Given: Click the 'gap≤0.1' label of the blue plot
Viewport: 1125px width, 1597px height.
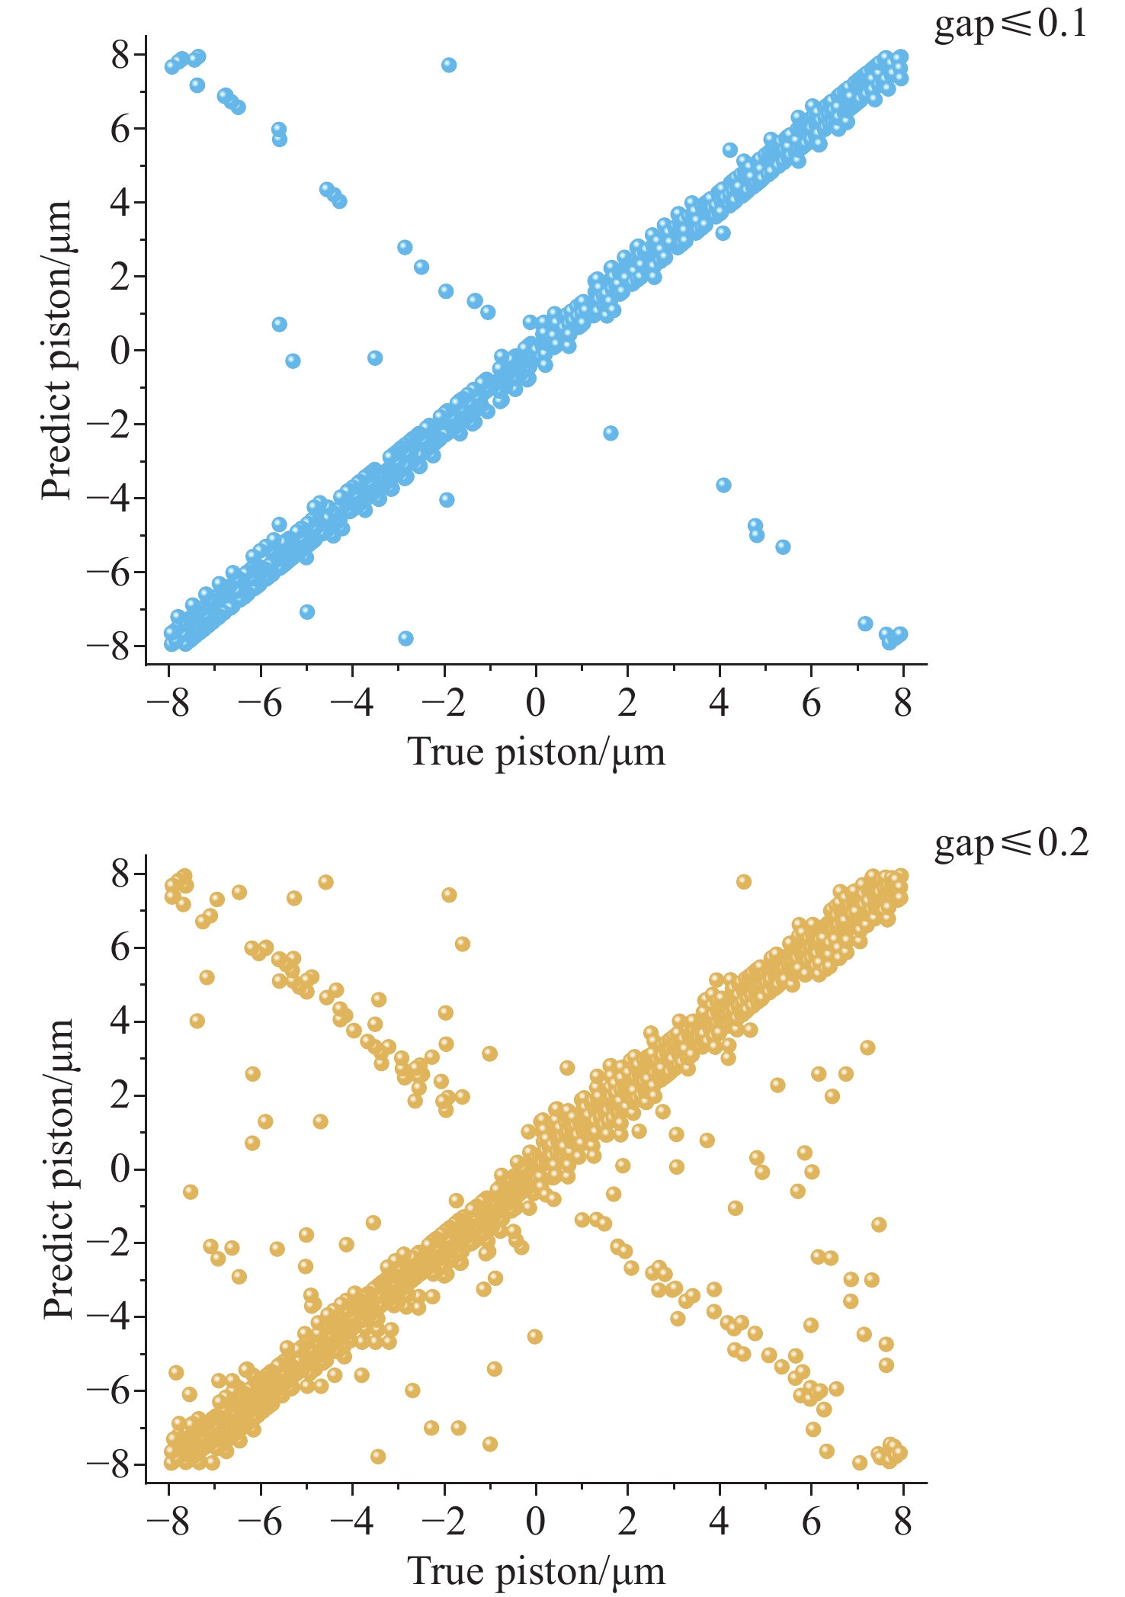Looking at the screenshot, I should point(1011,25).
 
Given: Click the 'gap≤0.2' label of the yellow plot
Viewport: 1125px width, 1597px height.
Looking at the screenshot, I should point(1011,844).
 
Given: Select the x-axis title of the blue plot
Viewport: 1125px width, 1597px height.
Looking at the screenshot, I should point(537,752).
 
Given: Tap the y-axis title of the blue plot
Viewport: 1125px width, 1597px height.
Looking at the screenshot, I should point(56,350).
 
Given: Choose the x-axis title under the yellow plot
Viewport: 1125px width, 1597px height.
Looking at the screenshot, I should point(537,1571).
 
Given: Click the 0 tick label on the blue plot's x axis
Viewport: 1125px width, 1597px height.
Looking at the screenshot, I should point(536,702).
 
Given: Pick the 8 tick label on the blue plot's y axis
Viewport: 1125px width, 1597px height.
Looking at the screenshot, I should point(120,55).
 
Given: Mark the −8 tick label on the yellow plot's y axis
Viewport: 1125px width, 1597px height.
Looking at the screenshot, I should point(107,1464).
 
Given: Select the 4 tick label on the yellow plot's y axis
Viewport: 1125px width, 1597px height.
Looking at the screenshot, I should point(120,1021).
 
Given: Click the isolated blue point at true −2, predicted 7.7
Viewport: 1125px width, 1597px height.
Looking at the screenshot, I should point(449,65).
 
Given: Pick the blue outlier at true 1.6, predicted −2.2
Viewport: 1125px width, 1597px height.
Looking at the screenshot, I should point(611,433).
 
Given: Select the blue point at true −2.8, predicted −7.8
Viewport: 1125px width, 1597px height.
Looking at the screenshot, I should point(405,638).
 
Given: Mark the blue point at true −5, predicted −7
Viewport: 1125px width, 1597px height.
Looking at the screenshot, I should point(307,611).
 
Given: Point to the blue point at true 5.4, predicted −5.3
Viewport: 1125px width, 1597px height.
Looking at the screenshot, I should point(783,547).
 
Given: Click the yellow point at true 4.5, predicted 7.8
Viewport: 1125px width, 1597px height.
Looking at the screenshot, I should point(744,882).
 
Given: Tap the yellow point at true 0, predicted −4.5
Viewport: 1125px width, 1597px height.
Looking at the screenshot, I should point(534,1336).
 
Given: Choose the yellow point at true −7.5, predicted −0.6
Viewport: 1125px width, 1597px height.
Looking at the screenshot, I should point(191,1191).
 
